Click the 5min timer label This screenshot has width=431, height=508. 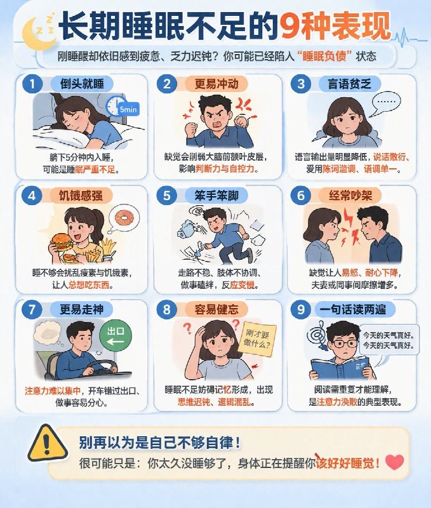pos(128,109)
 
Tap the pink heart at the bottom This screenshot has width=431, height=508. pos(395,462)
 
